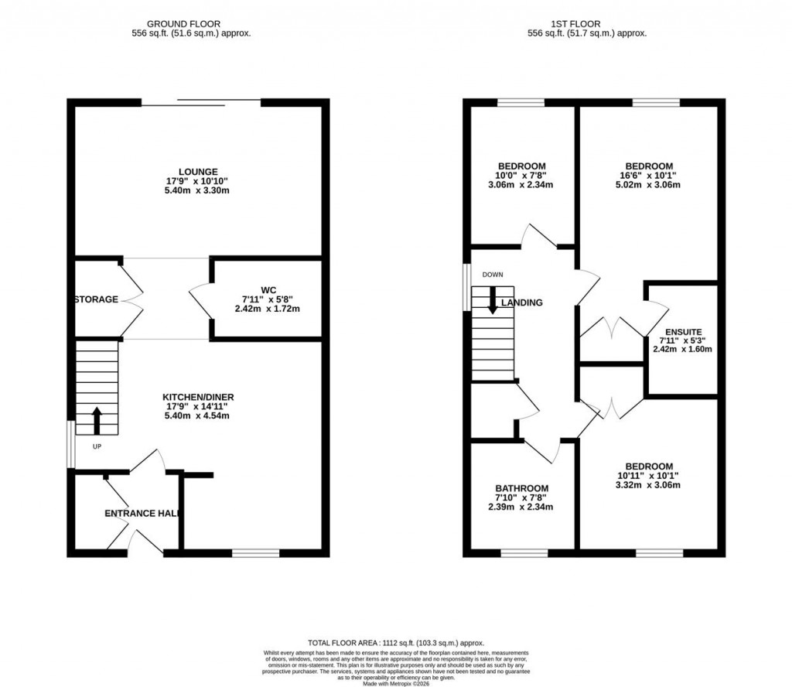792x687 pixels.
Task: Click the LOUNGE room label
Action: pyautogui.click(x=197, y=172)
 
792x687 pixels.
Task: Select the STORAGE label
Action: pyautogui.click(x=97, y=299)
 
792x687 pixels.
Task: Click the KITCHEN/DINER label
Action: pyautogui.click(x=198, y=397)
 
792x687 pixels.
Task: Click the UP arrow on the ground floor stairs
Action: pyautogui.click(x=97, y=419)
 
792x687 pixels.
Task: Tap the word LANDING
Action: pyautogui.click(x=522, y=302)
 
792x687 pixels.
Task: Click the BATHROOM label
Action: pyautogui.click(x=522, y=488)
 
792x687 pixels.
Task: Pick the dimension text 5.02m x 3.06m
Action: pyautogui.click(x=648, y=185)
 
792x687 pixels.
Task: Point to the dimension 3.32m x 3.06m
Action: pyautogui.click(x=648, y=485)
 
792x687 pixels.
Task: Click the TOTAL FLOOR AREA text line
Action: pyautogui.click(x=395, y=643)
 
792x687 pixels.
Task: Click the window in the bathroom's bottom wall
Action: pyautogui.click(x=524, y=553)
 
